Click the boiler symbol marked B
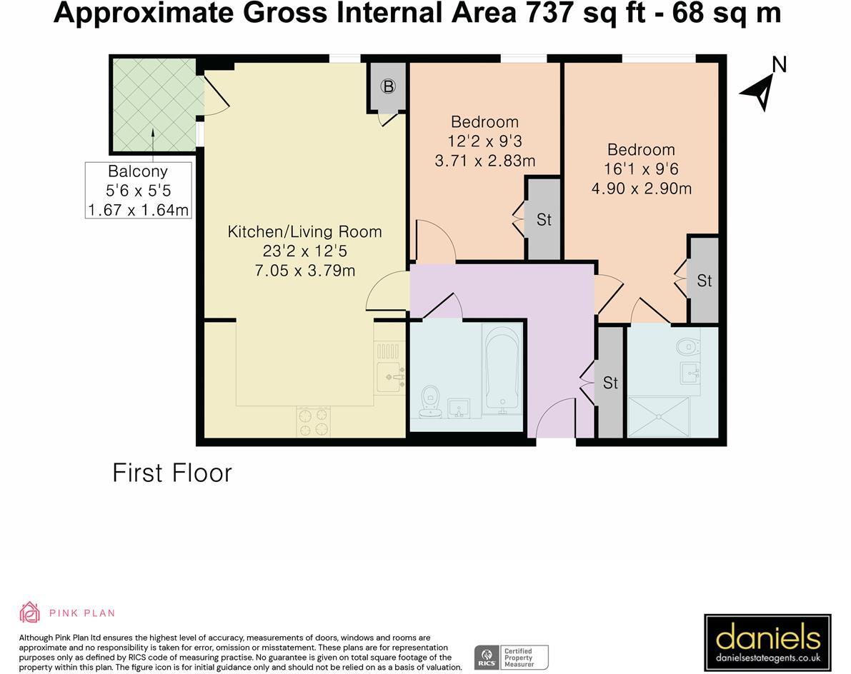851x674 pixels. pos(388,86)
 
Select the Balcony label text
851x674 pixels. pos(138,171)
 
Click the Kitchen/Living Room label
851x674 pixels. pos(304,231)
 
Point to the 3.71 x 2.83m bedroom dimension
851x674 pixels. pos(484,161)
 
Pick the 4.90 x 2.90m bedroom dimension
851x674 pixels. pos(641,188)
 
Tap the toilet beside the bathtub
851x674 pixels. pos(430,402)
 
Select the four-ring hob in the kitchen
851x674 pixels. pos(313,421)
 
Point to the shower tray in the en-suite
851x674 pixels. pos(658,416)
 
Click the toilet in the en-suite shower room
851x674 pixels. pos(687,345)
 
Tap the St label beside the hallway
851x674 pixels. pos(611,383)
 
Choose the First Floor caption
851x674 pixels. pos(172,473)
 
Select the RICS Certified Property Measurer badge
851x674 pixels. pos(512,657)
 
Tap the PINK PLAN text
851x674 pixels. pos(82,613)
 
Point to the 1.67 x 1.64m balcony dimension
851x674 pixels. pos(139,210)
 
